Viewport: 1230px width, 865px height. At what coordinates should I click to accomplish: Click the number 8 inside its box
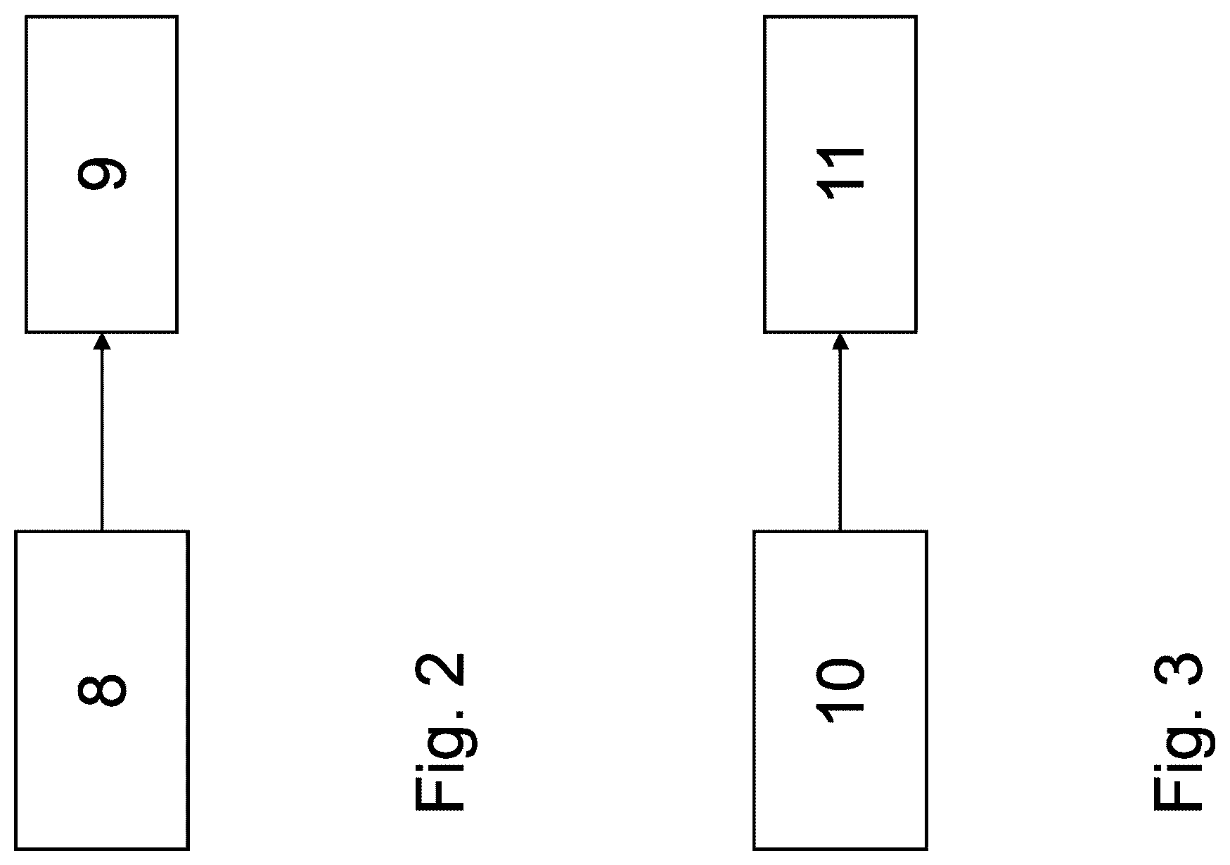[101, 690]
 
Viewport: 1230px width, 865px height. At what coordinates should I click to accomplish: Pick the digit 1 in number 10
[840, 712]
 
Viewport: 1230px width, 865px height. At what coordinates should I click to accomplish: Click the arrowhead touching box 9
[102, 341]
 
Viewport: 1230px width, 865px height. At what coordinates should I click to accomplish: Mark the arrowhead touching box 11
[840, 341]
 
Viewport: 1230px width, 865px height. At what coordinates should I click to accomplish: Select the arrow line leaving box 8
[102, 432]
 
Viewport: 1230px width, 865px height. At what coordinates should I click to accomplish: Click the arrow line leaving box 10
[840, 432]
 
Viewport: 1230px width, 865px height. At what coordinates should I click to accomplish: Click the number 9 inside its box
[101, 174]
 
